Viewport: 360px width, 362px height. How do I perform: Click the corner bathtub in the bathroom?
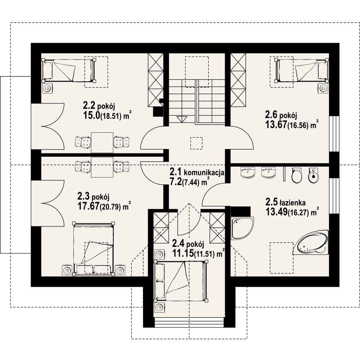click(x=311, y=243)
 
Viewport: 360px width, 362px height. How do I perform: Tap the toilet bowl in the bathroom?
click(x=297, y=175)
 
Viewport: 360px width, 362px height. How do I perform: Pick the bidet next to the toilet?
click(x=314, y=175)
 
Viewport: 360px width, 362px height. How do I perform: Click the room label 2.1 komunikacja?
click(x=197, y=172)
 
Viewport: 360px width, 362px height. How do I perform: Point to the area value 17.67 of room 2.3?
click(x=88, y=206)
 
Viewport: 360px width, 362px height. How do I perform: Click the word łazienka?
click(x=292, y=203)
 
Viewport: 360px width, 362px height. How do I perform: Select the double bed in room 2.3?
click(x=93, y=249)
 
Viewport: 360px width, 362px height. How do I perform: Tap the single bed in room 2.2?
click(x=69, y=70)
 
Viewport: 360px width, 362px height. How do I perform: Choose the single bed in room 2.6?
click(x=302, y=70)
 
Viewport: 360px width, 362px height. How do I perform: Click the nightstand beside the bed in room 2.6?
click(x=323, y=88)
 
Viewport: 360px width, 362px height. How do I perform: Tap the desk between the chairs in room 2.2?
click(x=102, y=143)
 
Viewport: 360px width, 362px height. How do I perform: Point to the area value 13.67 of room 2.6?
click(x=276, y=125)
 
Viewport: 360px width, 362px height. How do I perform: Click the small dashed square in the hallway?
click(x=197, y=143)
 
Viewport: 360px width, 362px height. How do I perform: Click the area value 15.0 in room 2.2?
click(x=91, y=115)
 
